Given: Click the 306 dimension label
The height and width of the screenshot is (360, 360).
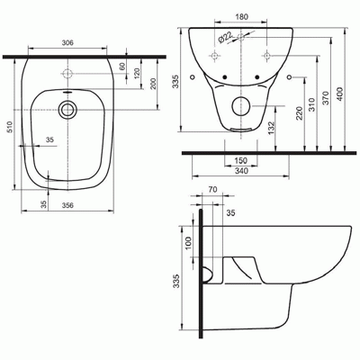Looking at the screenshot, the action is click(x=67, y=43).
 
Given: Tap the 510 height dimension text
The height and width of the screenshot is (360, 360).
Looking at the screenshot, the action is click(x=10, y=127).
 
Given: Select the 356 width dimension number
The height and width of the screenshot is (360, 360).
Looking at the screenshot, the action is click(x=67, y=205).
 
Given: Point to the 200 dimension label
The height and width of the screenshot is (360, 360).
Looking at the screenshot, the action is click(x=153, y=84).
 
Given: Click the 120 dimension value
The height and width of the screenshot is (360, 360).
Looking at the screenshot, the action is click(x=137, y=73).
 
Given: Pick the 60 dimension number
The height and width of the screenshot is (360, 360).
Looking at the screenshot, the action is click(x=122, y=67).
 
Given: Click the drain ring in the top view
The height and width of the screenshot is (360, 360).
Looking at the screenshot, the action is click(x=67, y=109).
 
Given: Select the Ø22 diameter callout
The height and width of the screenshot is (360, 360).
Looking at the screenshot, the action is click(x=225, y=38).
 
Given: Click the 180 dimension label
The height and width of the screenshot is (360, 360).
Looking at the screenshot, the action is click(x=241, y=17).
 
